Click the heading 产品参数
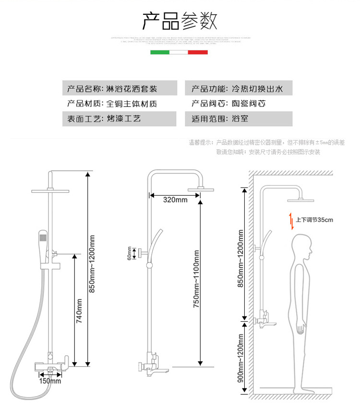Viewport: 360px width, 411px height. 180,21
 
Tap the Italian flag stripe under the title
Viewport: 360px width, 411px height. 179,52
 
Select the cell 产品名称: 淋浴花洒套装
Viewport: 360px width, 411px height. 119,89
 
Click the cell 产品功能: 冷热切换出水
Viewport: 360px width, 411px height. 239,89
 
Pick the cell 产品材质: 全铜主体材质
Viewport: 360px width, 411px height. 119,104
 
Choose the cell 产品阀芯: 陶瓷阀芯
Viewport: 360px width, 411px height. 239,104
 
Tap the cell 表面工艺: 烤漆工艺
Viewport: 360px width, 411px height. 119,118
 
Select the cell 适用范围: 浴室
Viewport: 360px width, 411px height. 239,118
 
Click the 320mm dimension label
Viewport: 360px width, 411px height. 175,200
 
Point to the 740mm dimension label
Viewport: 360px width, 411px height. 80,311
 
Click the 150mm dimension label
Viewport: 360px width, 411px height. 50,382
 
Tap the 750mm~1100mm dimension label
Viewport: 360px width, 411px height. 196,279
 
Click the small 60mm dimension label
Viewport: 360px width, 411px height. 129,252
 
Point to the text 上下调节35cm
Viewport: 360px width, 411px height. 314,220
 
